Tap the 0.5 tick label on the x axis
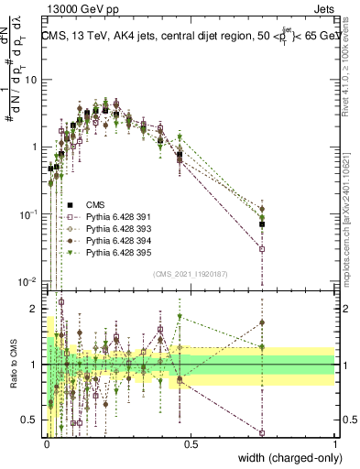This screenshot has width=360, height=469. [x=191, y=445]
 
